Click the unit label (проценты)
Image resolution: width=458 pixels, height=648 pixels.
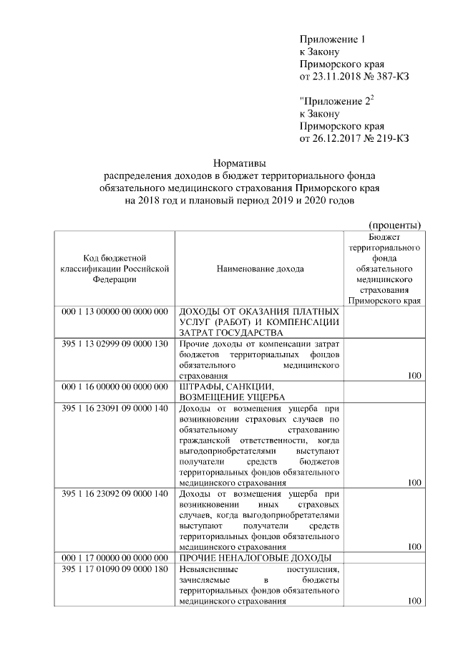coord(394,224)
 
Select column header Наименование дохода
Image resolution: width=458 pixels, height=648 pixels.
coord(259,269)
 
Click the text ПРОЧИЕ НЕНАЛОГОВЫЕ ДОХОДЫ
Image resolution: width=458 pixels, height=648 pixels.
coord(255,557)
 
